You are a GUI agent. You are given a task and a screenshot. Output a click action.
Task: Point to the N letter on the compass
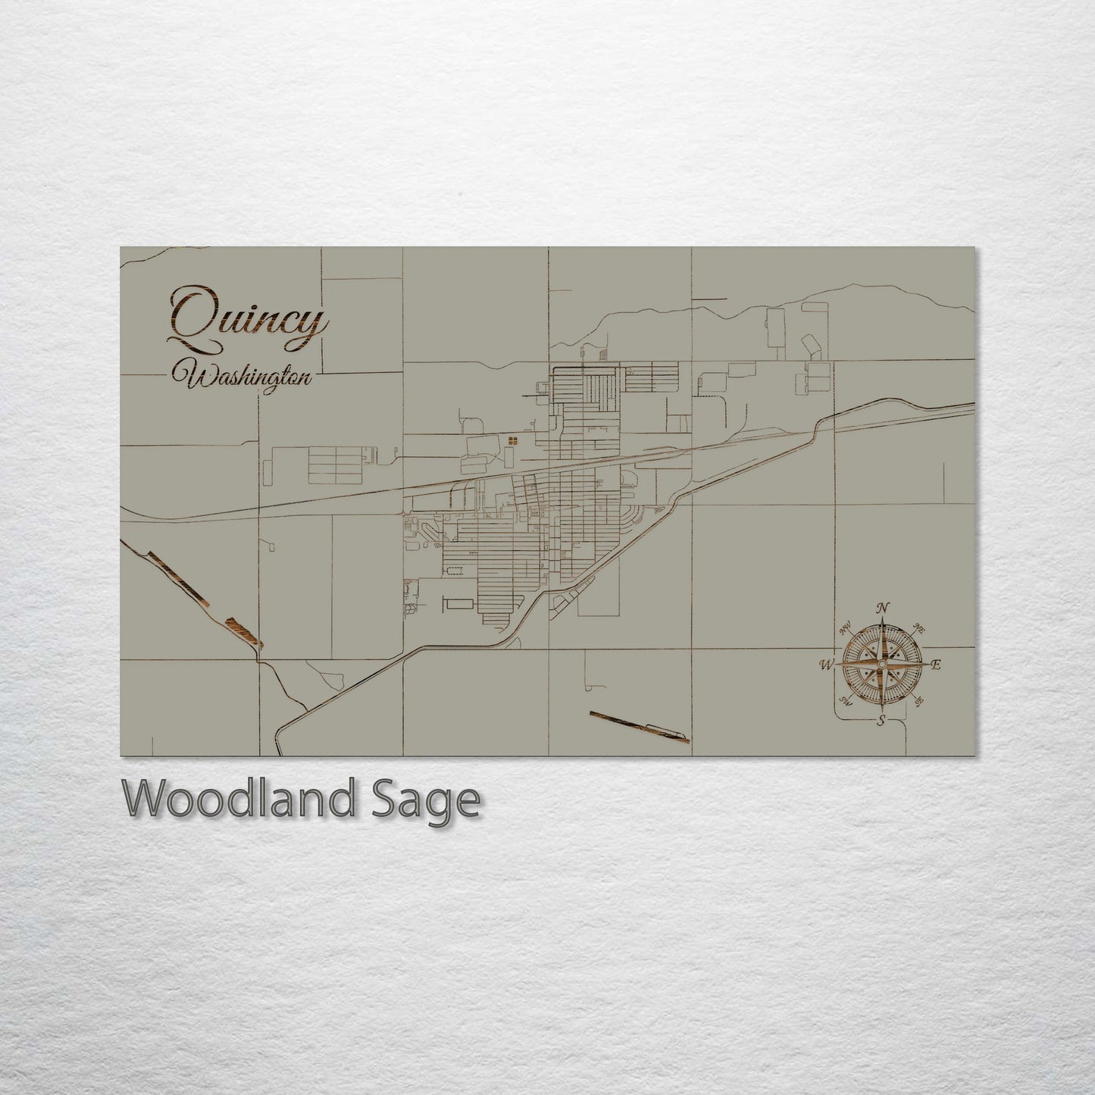pyautogui.click(x=882, y=608)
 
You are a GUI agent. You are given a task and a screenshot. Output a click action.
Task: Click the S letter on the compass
pyautogui.click(x=881, y=721)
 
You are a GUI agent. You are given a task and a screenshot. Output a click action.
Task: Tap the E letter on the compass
pyautogui.click(x=937, y=665)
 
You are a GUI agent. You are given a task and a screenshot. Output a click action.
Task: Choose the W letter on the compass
pyautogui.click(x=825, y=665)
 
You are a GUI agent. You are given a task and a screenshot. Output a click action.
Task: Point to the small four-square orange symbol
pyautogui.click(x=513, y=440)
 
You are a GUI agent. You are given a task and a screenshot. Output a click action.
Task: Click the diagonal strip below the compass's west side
pyautogui.click(x=638, y=727)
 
